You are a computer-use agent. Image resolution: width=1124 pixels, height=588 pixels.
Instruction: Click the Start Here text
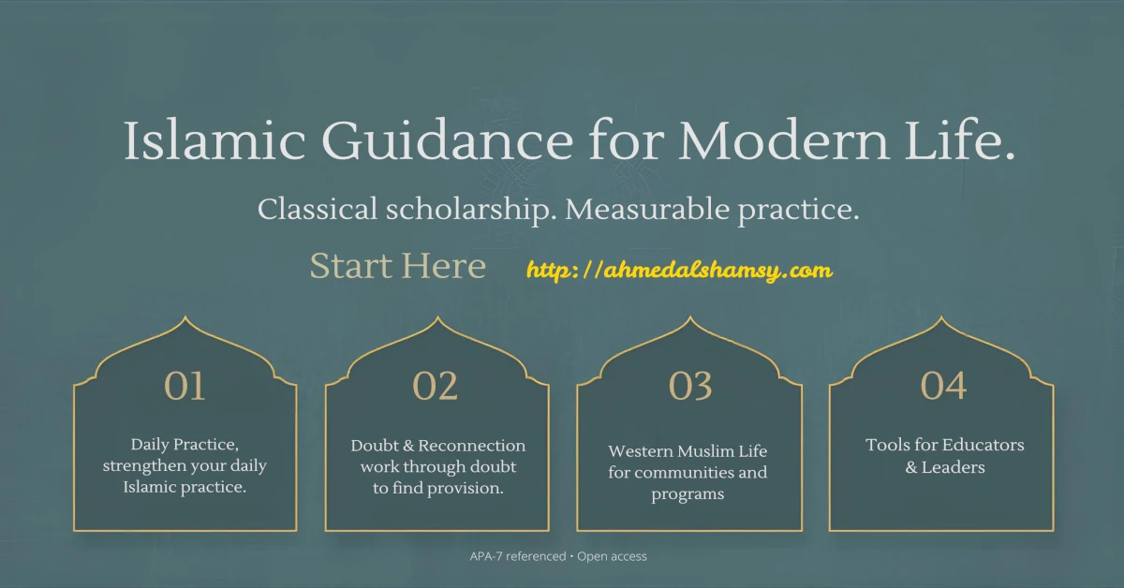tap(398, 266)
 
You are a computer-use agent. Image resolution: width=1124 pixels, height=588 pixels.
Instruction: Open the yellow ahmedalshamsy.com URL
tap(679, 271)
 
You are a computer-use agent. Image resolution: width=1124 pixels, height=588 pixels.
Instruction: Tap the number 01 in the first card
tap(185, 386)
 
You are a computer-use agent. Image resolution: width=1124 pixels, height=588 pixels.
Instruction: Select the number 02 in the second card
tap(436, 386)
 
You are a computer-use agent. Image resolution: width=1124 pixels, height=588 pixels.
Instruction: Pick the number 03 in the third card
tap(690, 386)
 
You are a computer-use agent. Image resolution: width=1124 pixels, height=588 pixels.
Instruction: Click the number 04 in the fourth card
tap(942, 386)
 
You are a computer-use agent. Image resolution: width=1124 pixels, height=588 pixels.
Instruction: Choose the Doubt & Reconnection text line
tap(437, 446)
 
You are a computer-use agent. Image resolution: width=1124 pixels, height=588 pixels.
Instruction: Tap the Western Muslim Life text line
tap(688, 451)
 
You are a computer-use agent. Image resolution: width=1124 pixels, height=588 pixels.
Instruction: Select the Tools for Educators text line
tap(944, 445)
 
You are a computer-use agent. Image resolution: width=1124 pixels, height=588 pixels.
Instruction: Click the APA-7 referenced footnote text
tap(517, 556)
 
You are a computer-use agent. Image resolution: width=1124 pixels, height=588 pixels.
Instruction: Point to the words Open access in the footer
tap(612, 556)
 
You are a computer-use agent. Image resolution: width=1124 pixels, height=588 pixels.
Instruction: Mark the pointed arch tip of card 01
tap(185, 317)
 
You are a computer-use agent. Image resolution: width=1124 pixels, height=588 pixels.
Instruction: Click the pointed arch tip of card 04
tap(941, 317)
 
